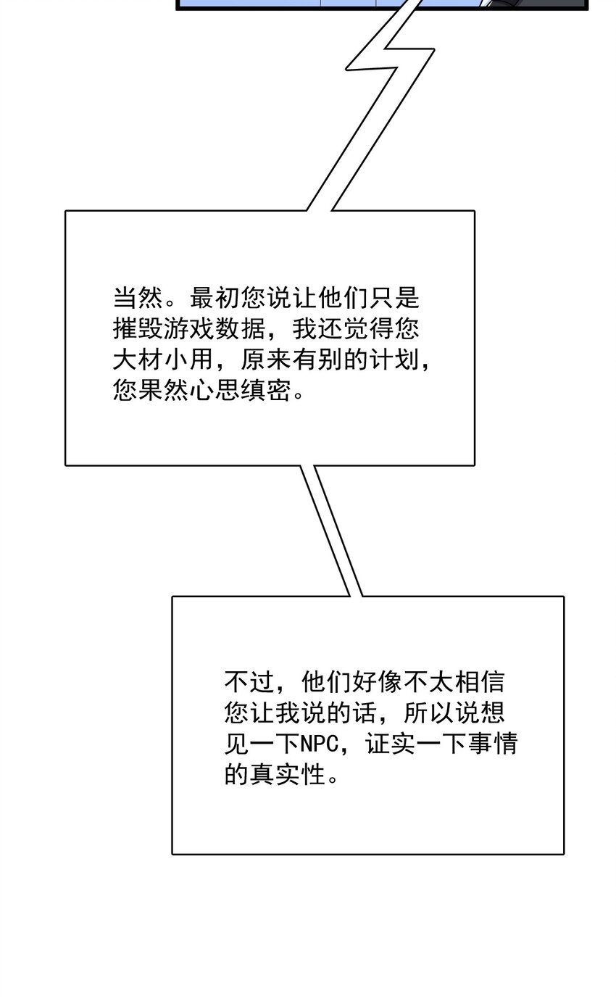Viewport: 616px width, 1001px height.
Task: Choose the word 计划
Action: point(407,360)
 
